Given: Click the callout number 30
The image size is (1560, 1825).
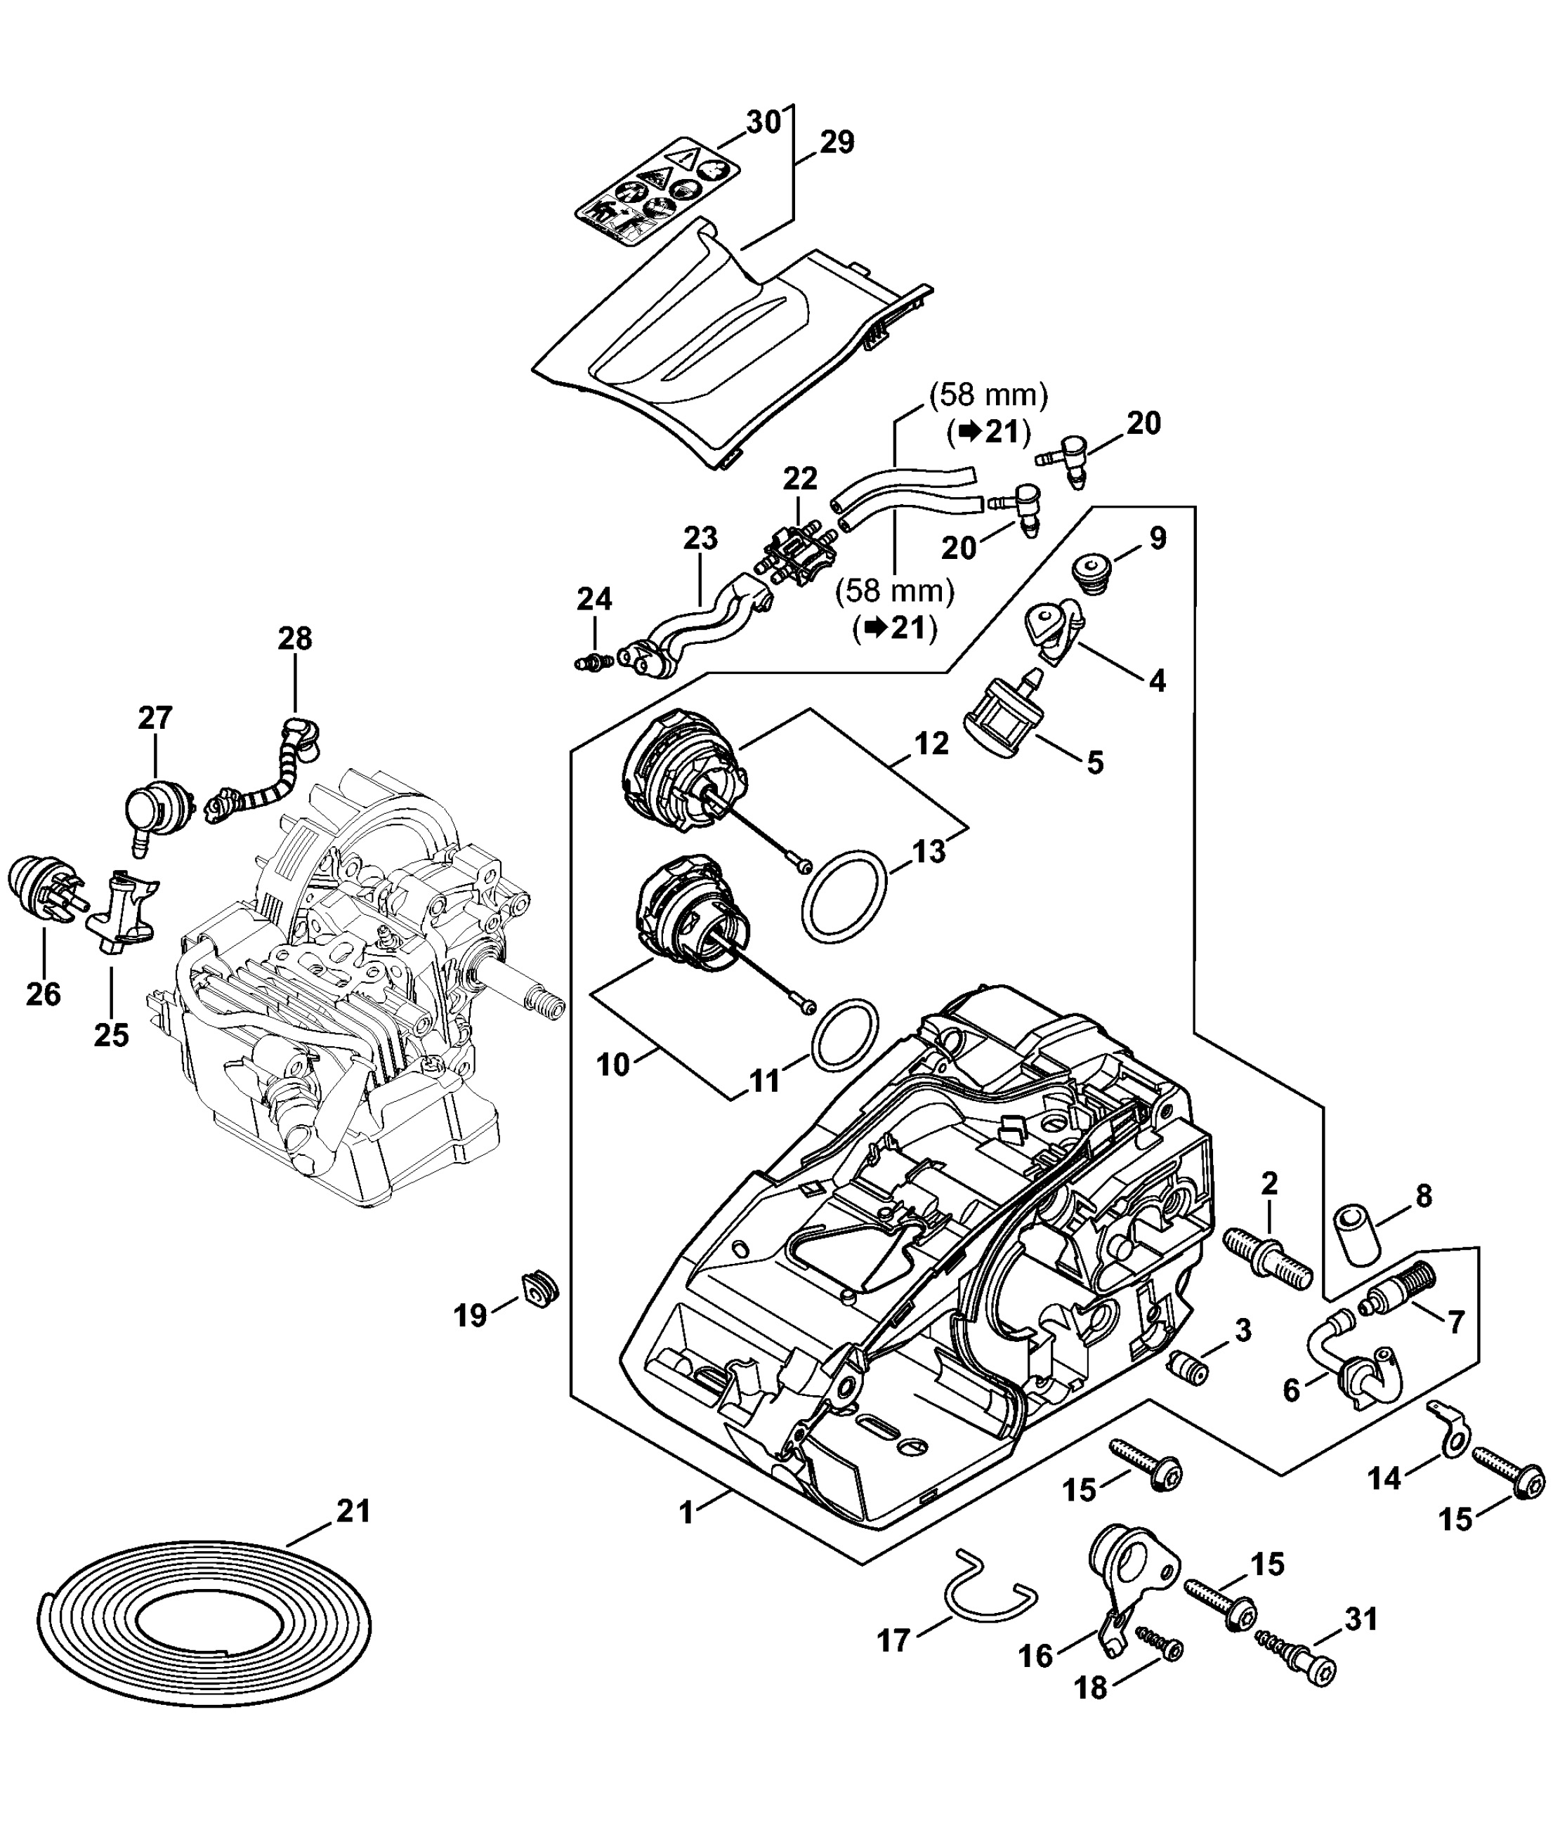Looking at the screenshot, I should pos(763,122).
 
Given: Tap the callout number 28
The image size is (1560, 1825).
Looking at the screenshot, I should pos(295,638).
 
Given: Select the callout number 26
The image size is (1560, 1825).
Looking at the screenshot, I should pos(43,994).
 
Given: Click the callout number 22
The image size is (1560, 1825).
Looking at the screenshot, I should pos(800,478).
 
